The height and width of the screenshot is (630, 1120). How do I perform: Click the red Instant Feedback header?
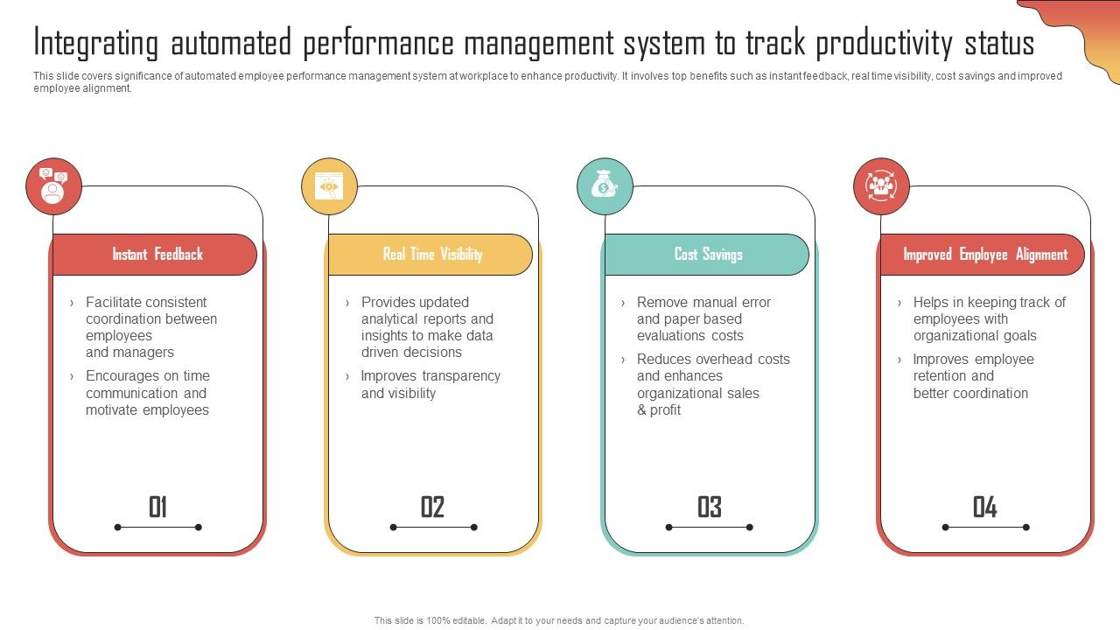click(x=156, y=255)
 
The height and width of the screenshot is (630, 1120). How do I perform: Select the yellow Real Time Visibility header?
click(x=431, y=255)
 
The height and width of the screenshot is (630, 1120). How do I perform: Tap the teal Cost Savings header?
click(x=707, y=255)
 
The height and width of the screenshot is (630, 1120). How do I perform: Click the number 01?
click(x=157, y=507)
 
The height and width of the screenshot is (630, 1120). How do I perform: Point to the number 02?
click(x=433, y=507)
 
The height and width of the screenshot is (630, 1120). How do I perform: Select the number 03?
click(x=709, y=507)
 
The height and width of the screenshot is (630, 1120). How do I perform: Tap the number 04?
click(x=984, y=507)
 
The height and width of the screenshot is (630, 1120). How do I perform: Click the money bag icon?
click(x=605, y=185)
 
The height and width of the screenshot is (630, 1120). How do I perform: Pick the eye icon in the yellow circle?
click(x=329, y=185)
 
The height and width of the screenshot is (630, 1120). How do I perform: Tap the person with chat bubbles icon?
click(x=53, y=185)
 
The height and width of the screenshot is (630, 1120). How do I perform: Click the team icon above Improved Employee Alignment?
click(x=881, y=185)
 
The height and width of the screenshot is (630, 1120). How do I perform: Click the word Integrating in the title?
click(x=96, y=42)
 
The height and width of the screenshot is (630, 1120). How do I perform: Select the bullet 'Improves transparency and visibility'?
click(x=430, y=384)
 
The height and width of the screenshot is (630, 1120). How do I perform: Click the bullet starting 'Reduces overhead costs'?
click(x=712, y=384)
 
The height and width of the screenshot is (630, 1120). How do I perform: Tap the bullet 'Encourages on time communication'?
click(x=147, y=393)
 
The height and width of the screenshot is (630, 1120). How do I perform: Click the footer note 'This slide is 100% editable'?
click(x=559, y=620)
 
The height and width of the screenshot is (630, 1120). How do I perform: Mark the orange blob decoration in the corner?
click(x=1081, y=31)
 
